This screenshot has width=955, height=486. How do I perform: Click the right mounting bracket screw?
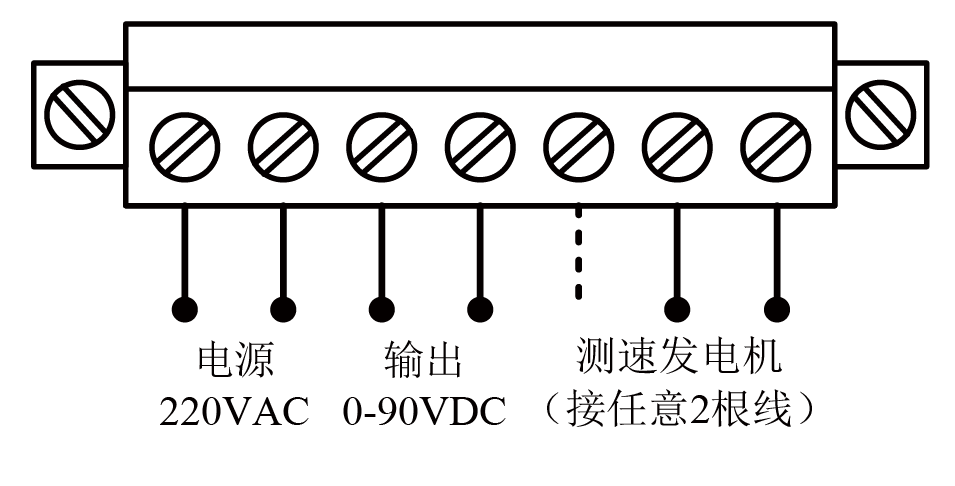point(881,110)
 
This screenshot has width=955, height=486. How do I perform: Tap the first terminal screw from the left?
point(184,145)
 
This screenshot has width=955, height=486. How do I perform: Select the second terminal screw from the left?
point(282,145)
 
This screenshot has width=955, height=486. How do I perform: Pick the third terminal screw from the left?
point(381,145)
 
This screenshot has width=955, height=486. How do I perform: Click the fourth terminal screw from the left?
point(479,145)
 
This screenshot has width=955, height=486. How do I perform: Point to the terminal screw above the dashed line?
point(578,145)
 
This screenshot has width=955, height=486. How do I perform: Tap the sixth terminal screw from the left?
point(676,145)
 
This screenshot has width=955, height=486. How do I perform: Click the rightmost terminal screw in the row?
point(775,145)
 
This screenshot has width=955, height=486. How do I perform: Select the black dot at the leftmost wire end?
point(184,307)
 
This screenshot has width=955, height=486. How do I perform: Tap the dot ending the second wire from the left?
point(282,307)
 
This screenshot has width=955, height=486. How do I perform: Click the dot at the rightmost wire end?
point(775,307)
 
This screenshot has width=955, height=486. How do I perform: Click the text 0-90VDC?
point(424,411)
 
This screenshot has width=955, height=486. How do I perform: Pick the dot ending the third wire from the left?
point(381,307)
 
